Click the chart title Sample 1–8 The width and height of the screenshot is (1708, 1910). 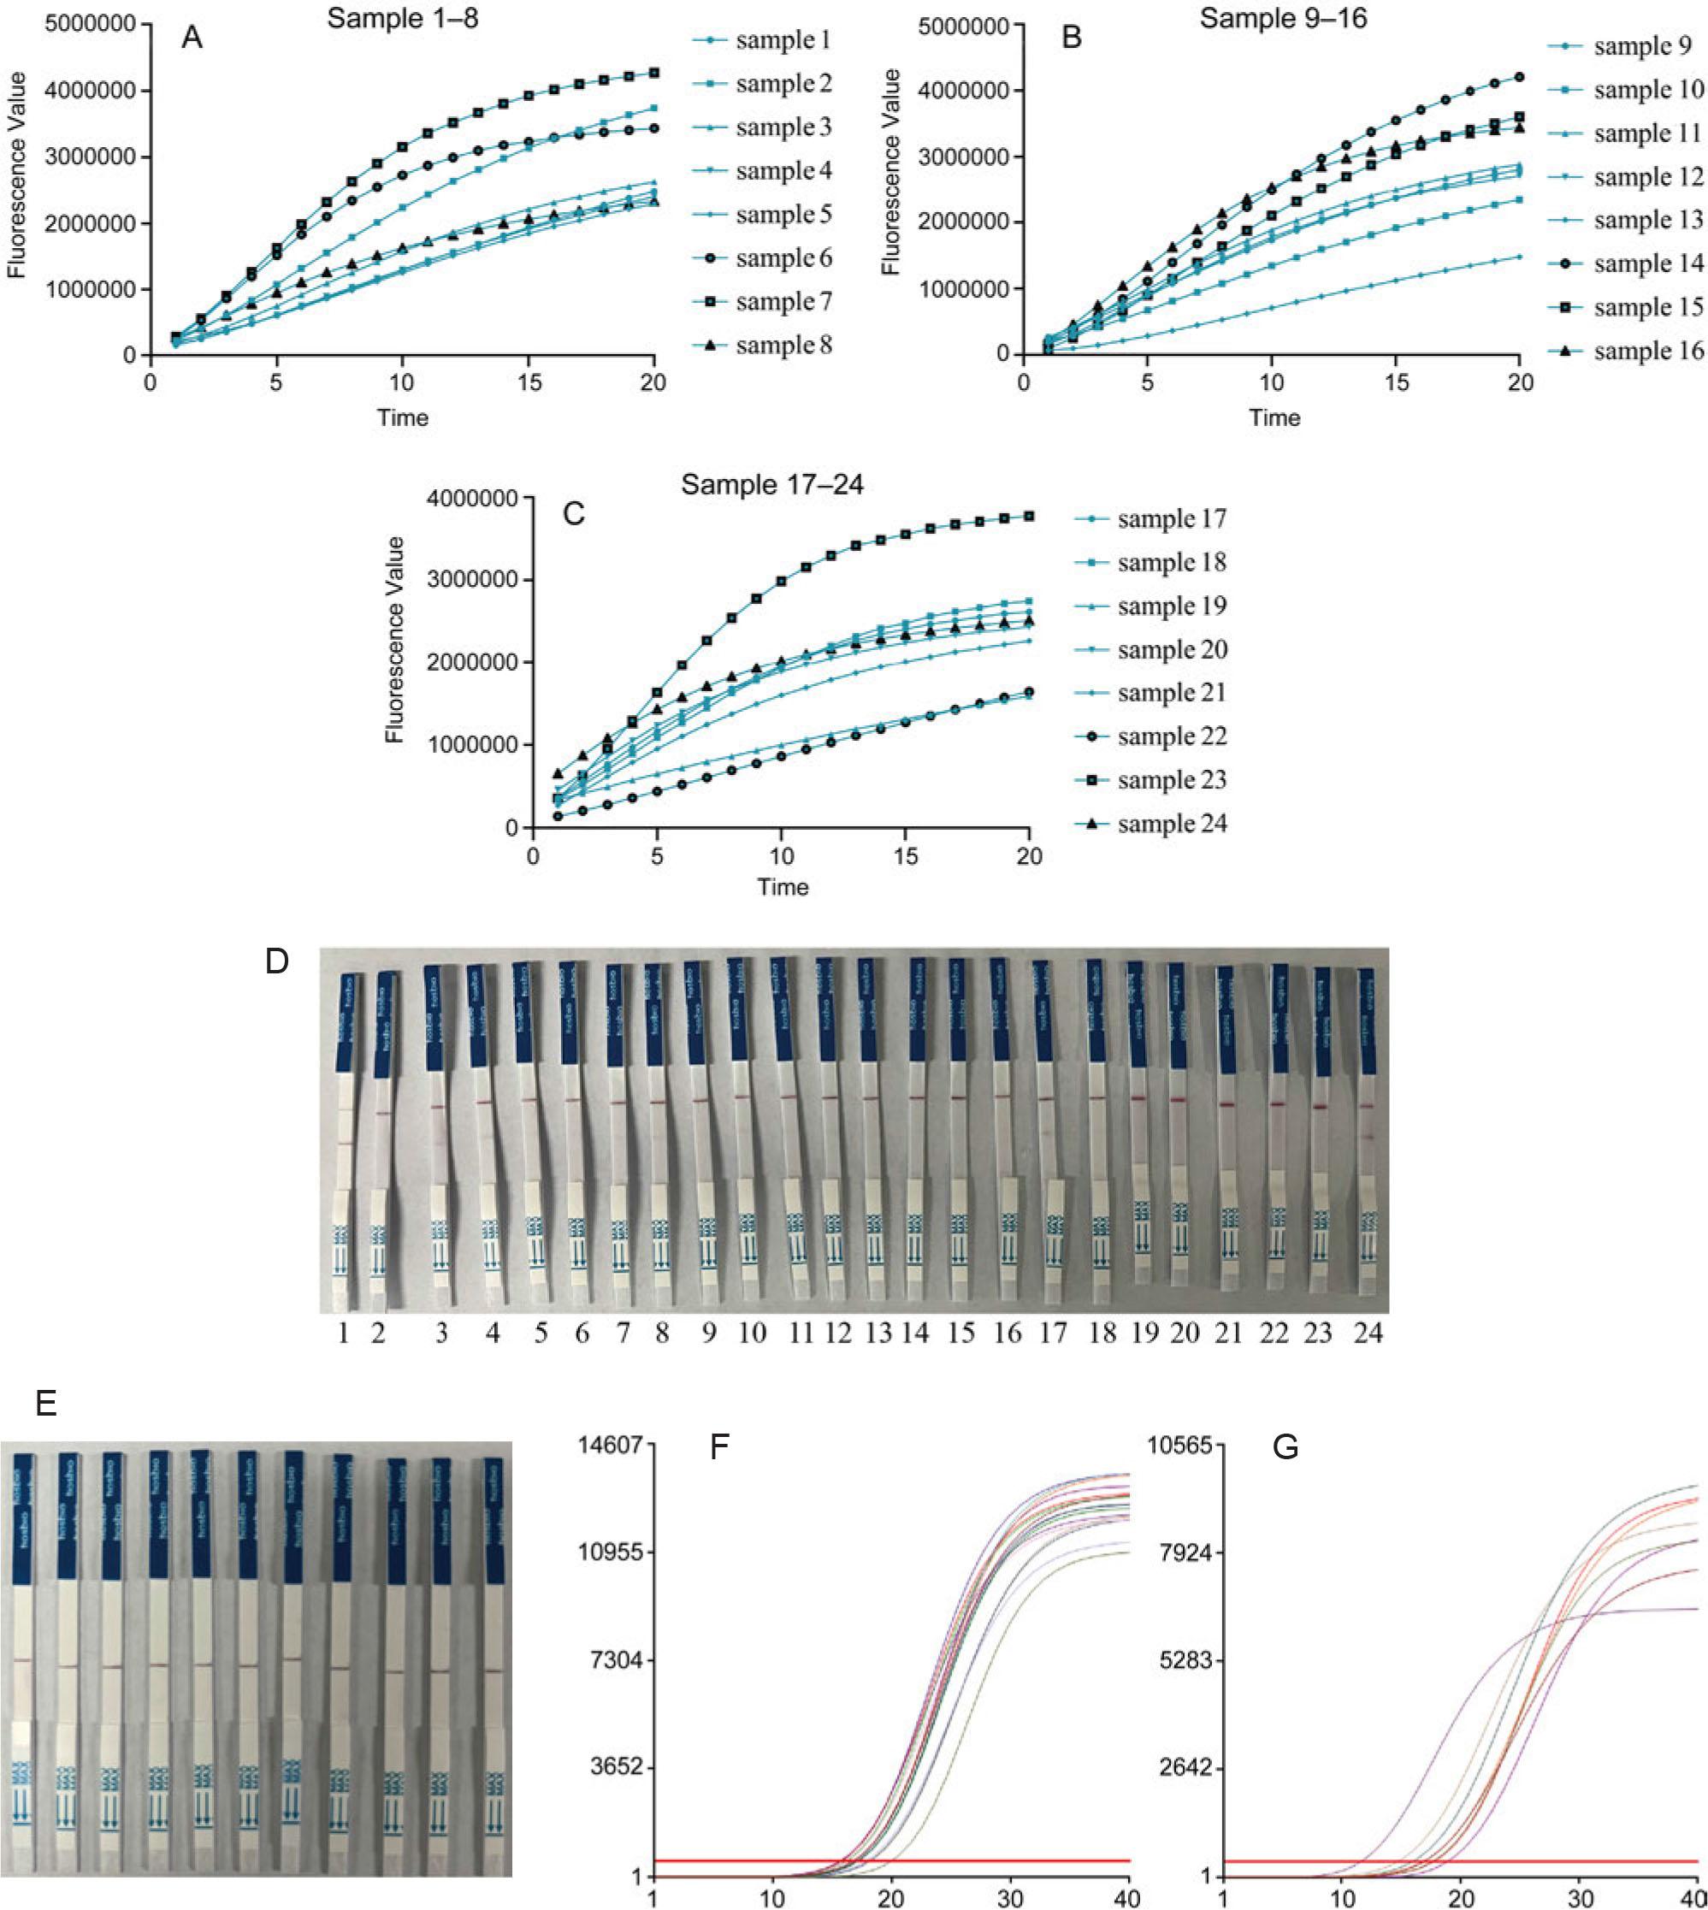click(x=403, y=17)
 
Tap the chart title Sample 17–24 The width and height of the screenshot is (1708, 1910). click(x=771, y=484)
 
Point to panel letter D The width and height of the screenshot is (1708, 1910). click(x=276, y=962)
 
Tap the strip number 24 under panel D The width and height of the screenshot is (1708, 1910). click(x=1368, y=1333)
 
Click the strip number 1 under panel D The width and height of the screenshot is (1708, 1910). click(x=344, y=1333)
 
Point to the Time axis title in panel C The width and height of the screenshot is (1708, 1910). click(x=783, y=887)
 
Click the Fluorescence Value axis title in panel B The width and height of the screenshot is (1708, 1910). click(x=891, y=172)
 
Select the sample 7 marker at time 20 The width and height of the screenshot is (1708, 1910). click(x=654, y=72)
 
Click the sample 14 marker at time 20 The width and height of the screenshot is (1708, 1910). click(x=1519, y=77)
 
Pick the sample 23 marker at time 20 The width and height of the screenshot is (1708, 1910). click(x=1030, y=515)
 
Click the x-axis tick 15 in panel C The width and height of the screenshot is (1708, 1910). click(x=905, y=856)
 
